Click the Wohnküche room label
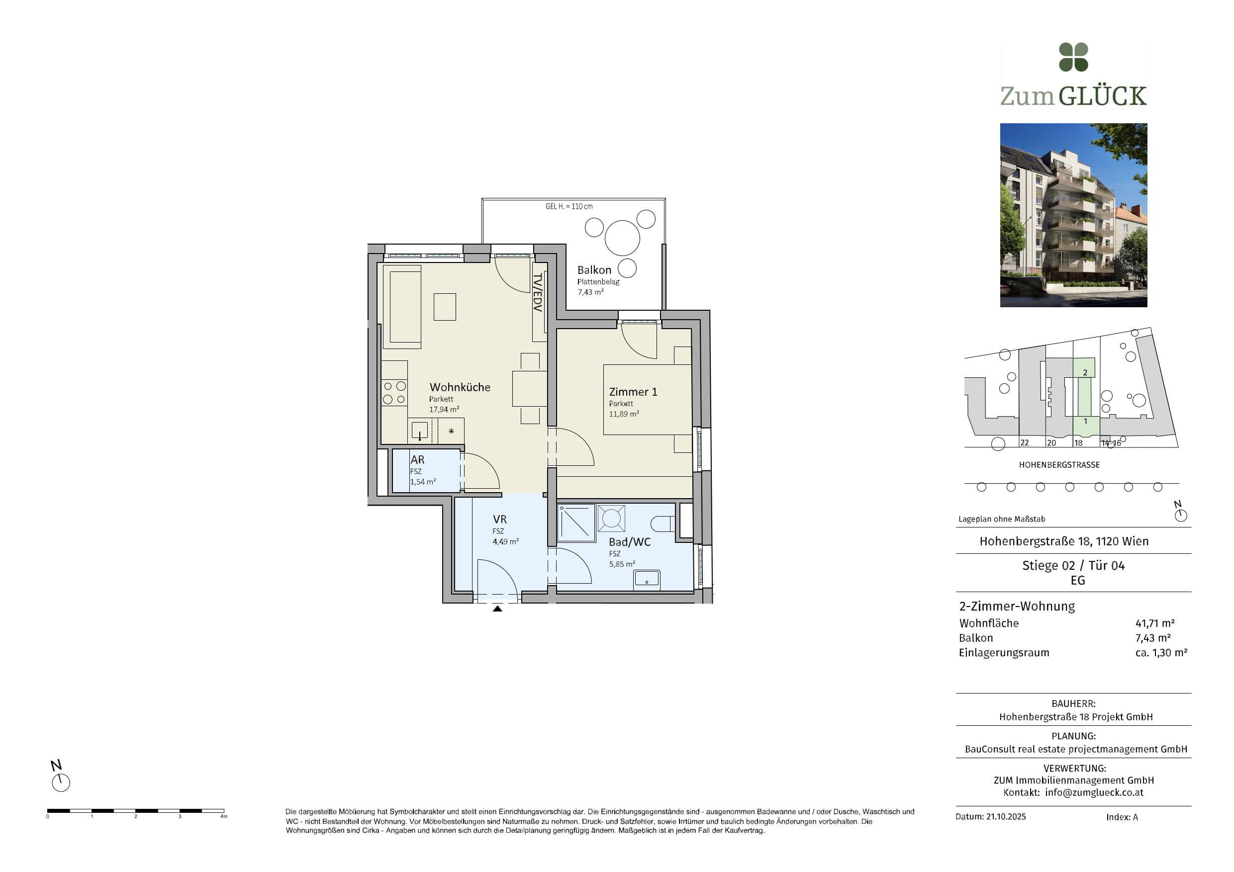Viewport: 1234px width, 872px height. (x=460, y=387)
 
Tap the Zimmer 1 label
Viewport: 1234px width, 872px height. (x=633, y=392)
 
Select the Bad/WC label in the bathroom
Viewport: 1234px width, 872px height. (x=629, y=541)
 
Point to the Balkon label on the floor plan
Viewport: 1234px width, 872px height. (x=594, y=270)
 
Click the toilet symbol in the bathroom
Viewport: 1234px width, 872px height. (x=663, y=523)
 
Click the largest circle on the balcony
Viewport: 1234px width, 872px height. (x=622, y=238)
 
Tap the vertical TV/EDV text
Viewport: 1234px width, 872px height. (x=538, y=292)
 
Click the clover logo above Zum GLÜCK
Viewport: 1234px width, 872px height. (x=1073, y=57)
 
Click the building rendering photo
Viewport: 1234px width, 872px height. (x=1073, y=215)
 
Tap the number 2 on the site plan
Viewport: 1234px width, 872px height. (x=1085, y=372)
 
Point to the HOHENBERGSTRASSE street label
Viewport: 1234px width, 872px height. (x=1059, y=465)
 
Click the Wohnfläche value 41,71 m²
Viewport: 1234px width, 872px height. (x=1155, y=623)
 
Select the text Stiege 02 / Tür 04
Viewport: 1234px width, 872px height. (x=1073, y=565)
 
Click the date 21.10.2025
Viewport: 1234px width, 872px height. (x=1006, y=817)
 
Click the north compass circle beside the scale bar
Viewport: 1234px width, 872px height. (x=61, y=783)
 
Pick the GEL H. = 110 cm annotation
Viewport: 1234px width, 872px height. (x=569, y=206)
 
